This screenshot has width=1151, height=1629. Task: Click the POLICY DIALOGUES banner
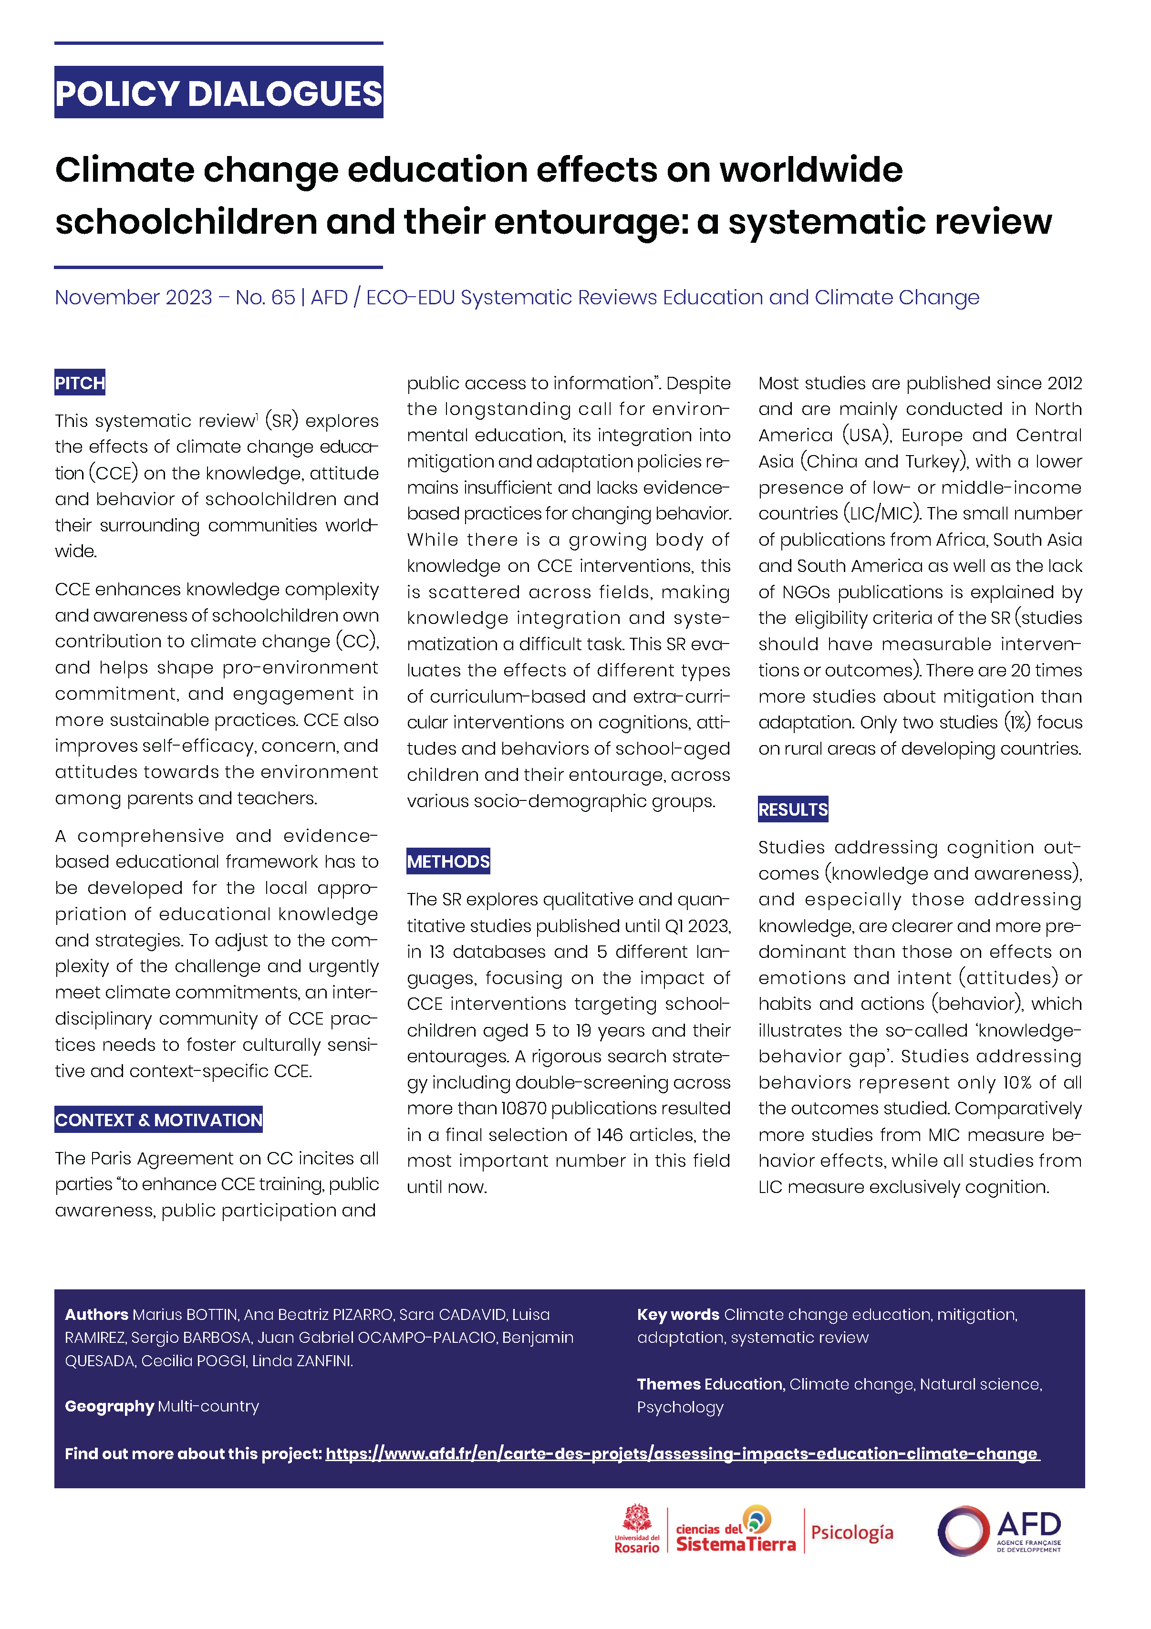coord(218,93)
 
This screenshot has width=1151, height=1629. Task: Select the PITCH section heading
coord(80,383)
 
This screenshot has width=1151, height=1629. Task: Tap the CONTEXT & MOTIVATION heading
coord(158,1120)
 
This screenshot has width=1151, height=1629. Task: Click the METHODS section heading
coord(448,861)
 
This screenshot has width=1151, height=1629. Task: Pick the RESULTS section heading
coord(793,809)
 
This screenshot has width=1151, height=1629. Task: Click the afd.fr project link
coord(682,1454)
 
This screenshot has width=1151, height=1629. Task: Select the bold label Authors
coord(96,1315)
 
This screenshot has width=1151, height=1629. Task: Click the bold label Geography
coord(109,1406)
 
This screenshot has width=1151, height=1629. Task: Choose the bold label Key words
coord(678,1315)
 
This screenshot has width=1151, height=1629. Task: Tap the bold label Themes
coord(668,1384)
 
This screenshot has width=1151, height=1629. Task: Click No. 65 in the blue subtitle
coord(265,297)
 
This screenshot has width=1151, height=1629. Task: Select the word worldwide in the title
coord(810,170)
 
